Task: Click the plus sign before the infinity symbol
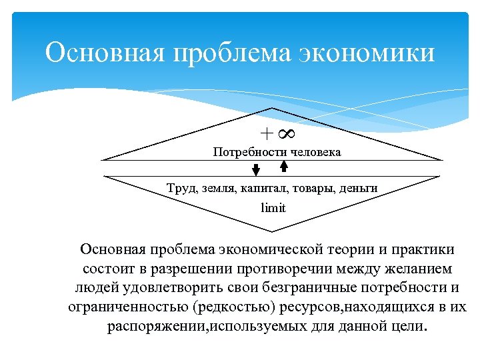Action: coord(266,134)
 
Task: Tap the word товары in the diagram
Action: coord(312,189)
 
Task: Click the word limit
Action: coord(273,207)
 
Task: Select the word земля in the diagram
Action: coord(219,189)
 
